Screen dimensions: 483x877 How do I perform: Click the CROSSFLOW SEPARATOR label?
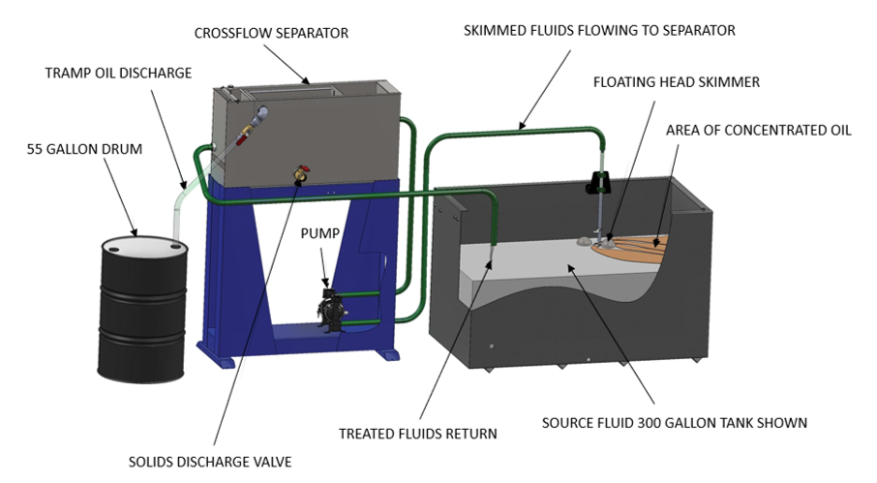(x=271, y=33)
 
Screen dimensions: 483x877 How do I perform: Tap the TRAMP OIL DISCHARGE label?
(x=118, y=73)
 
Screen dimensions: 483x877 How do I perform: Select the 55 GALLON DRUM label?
(x=85, y=149)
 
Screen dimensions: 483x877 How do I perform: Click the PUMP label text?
(x=321, y=232)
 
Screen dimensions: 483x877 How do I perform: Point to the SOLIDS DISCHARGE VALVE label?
(x=210, y=462)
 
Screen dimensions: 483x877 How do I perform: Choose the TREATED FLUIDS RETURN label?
(x=417, y=434)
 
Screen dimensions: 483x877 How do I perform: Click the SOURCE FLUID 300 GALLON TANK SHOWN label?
(x=674, y=422)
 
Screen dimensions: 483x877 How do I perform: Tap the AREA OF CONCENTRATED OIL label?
(x=758, y=130)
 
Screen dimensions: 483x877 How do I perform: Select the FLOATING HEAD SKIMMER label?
(x=677, y=82)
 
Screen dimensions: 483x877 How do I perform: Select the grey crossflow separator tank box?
(x=310, y=136)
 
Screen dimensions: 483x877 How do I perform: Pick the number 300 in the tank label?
(x=644, y=422)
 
